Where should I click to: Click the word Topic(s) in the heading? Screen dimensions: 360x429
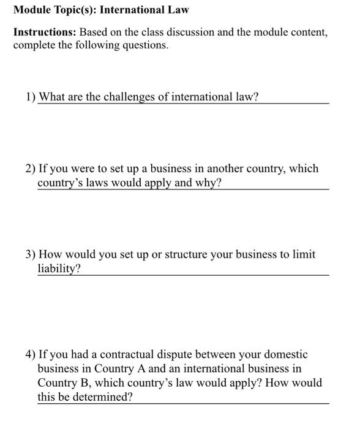pos(73,10)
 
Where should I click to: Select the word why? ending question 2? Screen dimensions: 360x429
pos(208,183)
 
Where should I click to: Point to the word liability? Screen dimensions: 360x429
pos(59,268)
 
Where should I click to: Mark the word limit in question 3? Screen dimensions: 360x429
pos(304,254)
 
